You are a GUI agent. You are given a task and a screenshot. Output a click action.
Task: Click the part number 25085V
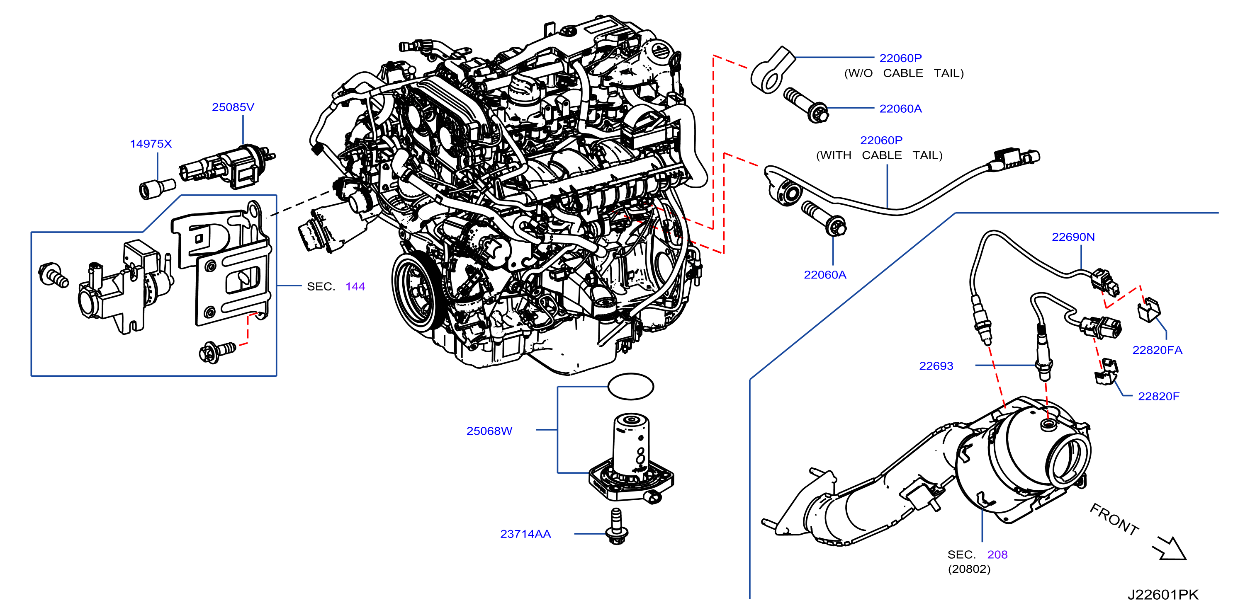(x=233, y=107)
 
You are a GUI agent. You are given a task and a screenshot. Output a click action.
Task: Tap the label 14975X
(x=151, y=144)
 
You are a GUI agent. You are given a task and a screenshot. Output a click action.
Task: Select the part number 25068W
(x=489, y=431)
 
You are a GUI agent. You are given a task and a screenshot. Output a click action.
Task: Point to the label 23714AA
(x=525, y=534)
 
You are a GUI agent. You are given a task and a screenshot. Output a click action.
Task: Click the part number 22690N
(x=1073, y=237)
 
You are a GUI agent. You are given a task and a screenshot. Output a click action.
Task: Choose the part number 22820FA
(x=1158, y=350)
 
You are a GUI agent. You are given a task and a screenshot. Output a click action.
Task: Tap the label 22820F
(x=1159, y=396)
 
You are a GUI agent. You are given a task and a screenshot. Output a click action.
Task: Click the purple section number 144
(x=355, y=287)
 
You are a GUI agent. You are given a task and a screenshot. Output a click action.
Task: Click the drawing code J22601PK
(x=1162, y=595)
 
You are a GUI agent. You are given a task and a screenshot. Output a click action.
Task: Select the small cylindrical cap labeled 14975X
(x=157, y=189)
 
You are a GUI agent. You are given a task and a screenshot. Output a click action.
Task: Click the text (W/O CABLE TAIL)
(x=904, y=73)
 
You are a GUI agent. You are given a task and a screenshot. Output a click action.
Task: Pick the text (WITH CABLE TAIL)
(x=879, y=156)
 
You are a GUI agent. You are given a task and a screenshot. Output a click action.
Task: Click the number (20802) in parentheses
(x=969, y=569)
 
